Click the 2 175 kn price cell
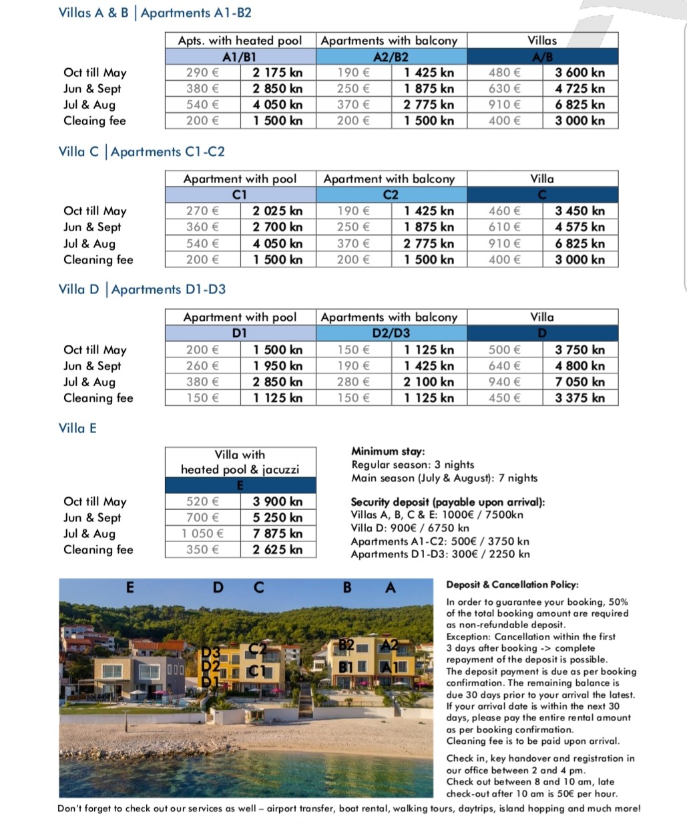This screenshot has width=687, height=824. point(277,73)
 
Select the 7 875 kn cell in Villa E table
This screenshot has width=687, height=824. point(277,533)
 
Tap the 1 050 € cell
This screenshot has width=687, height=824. point(202,533)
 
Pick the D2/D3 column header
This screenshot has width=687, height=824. point(391,333)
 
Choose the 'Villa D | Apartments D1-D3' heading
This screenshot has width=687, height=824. point(142,289)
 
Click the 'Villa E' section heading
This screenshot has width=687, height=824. point(77,428)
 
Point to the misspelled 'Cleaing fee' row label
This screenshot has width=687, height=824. point(94,121)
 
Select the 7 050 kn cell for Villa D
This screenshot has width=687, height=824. point(580,382)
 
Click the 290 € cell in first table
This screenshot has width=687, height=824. point(202,73)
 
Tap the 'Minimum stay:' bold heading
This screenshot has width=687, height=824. point(388,452)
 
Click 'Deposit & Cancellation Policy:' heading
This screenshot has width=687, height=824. point(512,585)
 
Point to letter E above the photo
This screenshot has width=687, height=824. point(130,587)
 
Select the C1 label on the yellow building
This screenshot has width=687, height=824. point(257,671)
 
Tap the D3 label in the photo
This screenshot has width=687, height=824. point(211,652)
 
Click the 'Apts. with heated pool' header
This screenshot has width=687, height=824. point(240,41)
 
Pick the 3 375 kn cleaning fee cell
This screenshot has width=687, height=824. point(580,398)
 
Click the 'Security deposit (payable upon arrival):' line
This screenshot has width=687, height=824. point(447,502)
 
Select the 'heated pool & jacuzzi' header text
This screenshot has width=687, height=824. point(240,469)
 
